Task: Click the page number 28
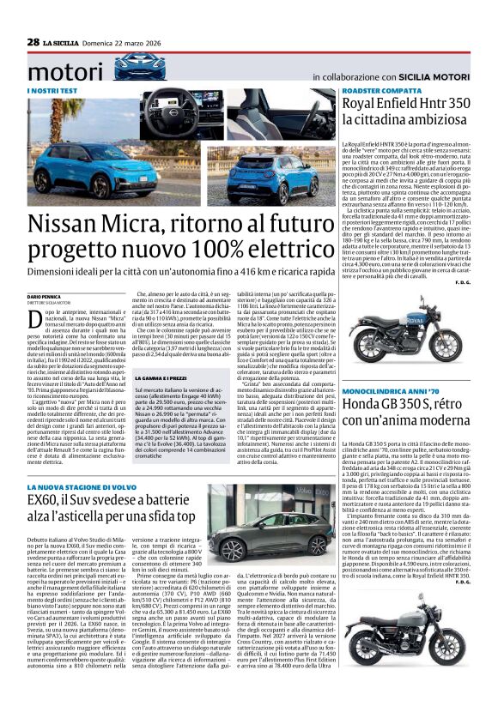coord(33,41)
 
